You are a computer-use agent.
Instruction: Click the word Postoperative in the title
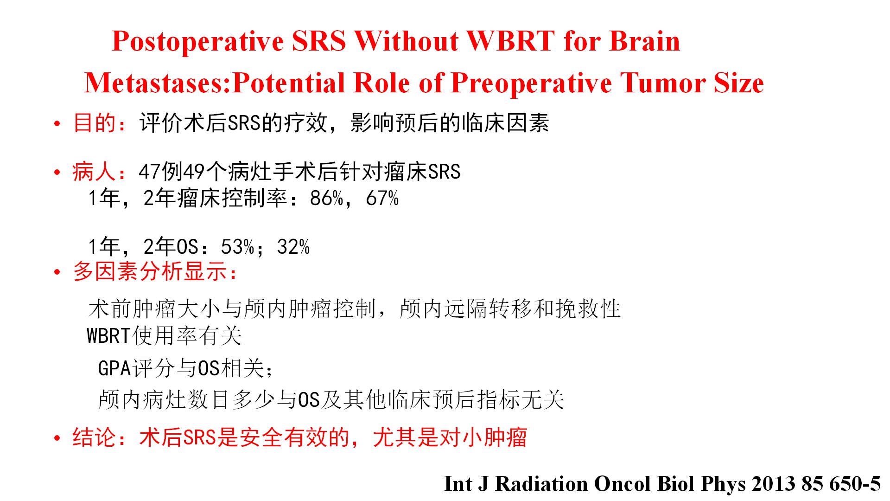pyautogui.click(x=198, y=42)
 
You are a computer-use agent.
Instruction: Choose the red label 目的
pyautogui.click(x=95, y=123)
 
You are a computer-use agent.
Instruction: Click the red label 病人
pyautogui.click(x=94, y=172)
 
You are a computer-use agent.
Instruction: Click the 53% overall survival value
pyautogui.click(x=238, y=247)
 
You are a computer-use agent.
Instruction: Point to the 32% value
pyautogui.click(x=293, y=247)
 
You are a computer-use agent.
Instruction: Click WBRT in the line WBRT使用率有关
pyautogui.click(x=108, y=336)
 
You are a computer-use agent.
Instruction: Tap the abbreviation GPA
pyautogui.click(x=115, y=368)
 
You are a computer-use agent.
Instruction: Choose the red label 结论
pyautogui.click(x=94, y=437)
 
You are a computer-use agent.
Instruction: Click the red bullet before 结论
pyautogui.click(x=57, y=438)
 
